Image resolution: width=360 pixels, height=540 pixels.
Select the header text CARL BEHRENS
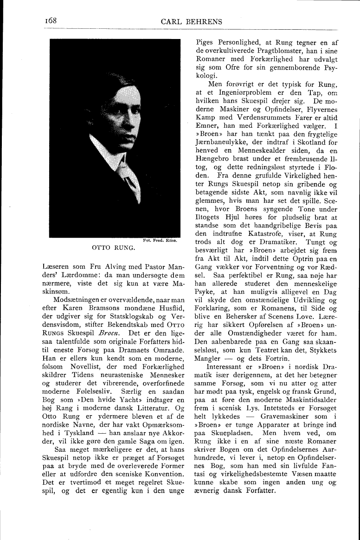pos(192,21)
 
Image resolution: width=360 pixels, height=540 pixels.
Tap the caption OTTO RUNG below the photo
pos(114,247)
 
